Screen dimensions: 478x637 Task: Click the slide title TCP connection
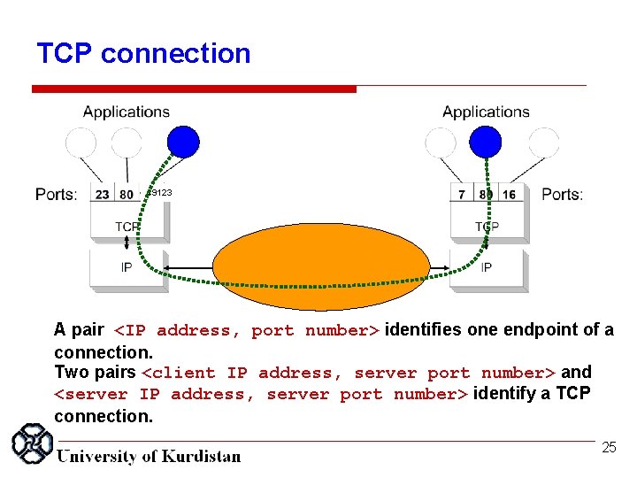click(143, 53)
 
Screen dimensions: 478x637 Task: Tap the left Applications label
click(127, 112)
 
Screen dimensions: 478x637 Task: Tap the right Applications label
click(486, 112)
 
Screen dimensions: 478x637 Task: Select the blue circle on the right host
click(485, 142)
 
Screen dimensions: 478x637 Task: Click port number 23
click(103, 195)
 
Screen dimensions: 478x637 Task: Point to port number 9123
click(159, 192)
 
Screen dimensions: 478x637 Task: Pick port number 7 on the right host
click(462, 195)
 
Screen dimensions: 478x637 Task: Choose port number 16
click(509, 195)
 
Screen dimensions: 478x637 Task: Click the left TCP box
click(127, 227)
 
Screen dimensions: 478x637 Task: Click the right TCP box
click(487, 227)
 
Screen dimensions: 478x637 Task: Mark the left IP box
click(127, 266)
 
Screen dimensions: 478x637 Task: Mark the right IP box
click(487, 266)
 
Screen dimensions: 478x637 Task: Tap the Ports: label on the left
click(57, 195)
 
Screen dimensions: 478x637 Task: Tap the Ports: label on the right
click(562, 195)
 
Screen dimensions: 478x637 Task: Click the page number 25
click(609, 448)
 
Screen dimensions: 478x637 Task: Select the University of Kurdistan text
click(149, 457)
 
